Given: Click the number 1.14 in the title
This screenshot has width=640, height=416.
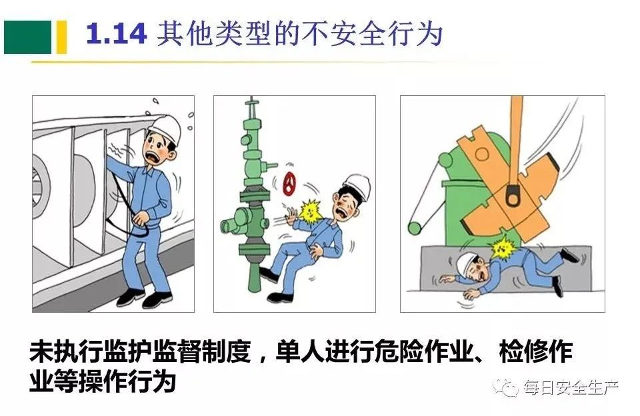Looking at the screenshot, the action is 116,34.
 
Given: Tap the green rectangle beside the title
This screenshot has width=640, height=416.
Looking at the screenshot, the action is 28,37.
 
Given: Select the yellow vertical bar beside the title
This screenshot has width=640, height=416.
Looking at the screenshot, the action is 61,37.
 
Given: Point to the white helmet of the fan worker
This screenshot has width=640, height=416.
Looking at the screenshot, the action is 166,128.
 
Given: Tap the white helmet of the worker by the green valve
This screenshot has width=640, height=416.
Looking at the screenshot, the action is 357,186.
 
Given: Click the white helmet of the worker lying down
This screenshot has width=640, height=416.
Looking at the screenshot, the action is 467,263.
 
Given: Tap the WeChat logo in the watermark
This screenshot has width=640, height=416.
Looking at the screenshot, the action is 506,387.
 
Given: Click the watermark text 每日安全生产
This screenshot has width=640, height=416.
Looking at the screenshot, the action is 571,388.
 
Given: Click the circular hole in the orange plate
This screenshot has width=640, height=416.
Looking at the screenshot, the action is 481,154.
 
